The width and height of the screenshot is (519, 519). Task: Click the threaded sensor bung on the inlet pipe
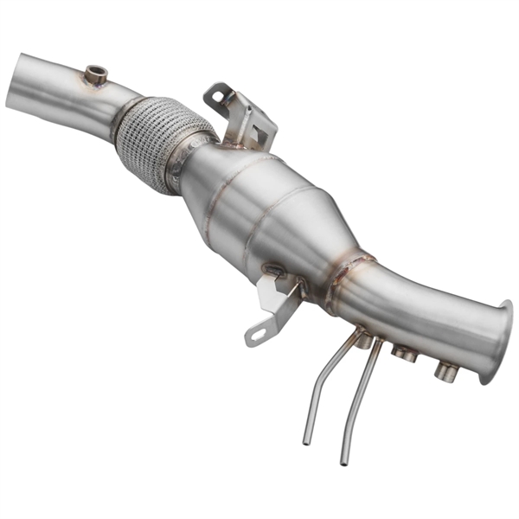pos(96,75)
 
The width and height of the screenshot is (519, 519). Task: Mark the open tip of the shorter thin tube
pos(306,441)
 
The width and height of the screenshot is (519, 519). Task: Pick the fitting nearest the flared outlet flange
pos(445,372)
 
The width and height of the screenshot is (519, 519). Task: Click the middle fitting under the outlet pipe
pos(403,352)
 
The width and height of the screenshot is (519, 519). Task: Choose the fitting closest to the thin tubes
pos(364,341)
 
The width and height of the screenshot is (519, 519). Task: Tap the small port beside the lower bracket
pos(275,272)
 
